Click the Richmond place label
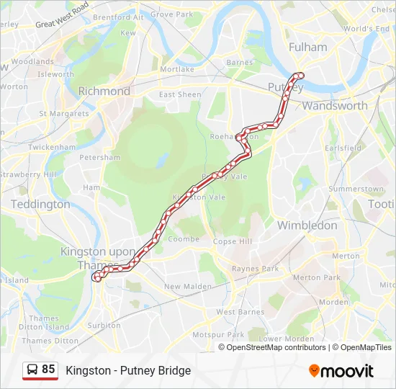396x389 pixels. click(104, 91)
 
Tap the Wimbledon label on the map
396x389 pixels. click(307, 225)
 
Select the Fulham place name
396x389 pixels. click(307, 47)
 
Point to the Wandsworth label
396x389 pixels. click(335, 106)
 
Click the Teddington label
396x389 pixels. click(40, 204)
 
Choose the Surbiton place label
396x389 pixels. click(104, 325)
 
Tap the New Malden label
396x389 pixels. click(186, 286)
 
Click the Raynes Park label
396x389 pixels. click(255, 269)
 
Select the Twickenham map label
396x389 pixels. click(52, 147)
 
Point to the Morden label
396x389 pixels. click(333, 302)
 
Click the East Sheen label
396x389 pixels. click(180, 95)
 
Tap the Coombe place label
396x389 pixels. click(184, 239)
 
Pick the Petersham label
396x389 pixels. click(99, 157)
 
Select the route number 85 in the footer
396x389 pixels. click(48, 370)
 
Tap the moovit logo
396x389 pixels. click(341, 371)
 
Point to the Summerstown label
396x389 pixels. click(356, 189)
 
